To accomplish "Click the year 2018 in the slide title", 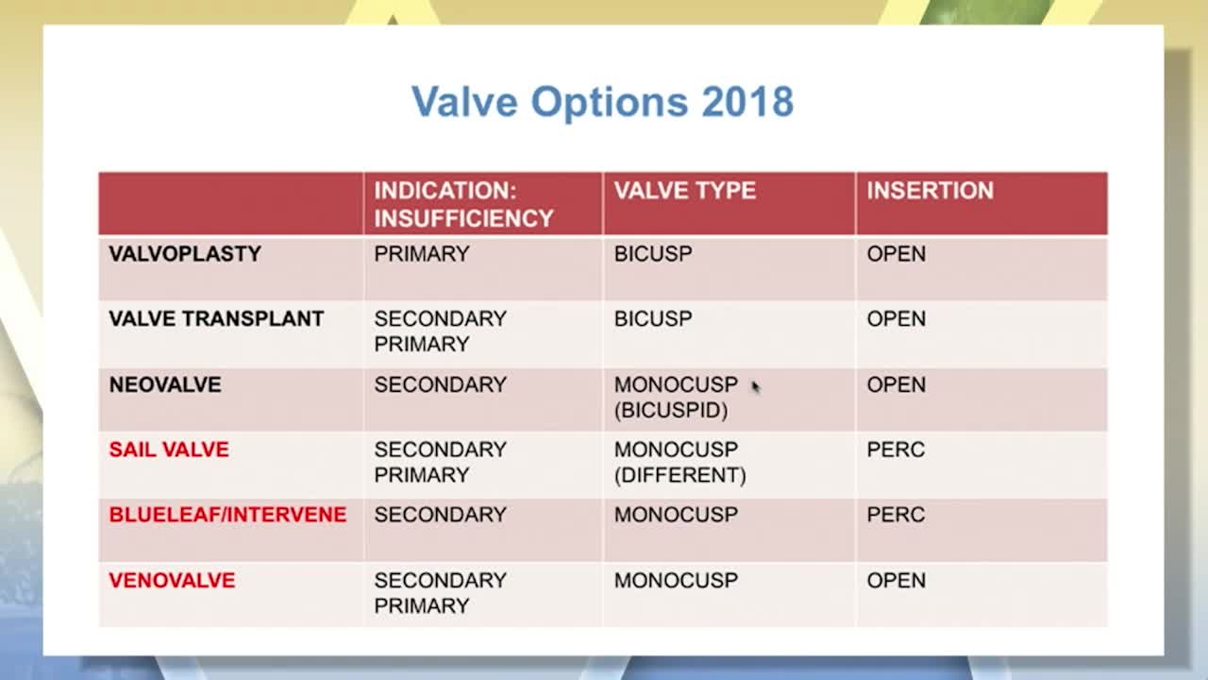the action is click(747, 101).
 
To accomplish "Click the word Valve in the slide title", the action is click(464, 101).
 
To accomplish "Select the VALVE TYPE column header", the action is click(685, 191).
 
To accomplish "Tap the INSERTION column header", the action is click(931, 191).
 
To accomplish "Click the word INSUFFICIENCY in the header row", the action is click(463, 218).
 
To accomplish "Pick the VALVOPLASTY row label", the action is click(185, 254).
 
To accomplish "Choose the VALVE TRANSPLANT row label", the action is click(216, 318).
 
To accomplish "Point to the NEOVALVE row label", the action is click(165, 384).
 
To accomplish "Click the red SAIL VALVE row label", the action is click(169, 450).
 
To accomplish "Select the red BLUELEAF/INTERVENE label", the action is click(227, 515).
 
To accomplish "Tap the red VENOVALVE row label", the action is click(172, 580).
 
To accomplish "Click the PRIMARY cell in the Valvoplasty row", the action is click(422, 254).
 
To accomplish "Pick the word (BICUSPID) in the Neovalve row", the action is click(671, 411).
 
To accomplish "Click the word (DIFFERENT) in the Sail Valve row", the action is click(680, 475).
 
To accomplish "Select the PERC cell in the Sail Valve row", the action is click(896, 450).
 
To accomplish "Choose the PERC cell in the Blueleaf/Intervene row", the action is click(896, 515).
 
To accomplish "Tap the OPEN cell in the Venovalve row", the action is click(897, 580).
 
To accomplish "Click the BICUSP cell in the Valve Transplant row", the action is click(653, 318).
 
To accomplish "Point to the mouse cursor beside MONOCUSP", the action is click(755, 386).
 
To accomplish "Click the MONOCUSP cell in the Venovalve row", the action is click(676, 580).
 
